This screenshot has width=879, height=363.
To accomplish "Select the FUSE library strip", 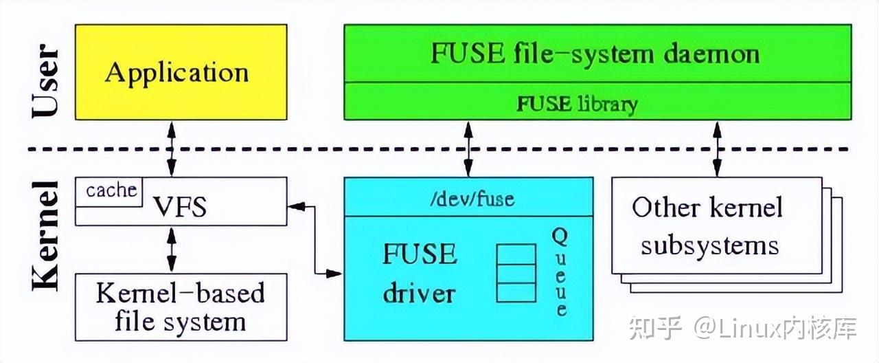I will pos(577,103).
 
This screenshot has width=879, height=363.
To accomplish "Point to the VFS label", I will pos(180,206).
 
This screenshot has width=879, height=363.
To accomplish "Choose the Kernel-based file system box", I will pos(181,307).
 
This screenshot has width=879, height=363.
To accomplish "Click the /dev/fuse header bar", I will pos(468,199).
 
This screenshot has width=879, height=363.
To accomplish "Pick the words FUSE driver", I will pos(419,274).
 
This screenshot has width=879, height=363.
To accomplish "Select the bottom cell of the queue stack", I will pos(516,292).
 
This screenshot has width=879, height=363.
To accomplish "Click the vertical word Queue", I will pos(560,272).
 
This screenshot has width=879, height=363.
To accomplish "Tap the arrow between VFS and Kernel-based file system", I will pos(171,249).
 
